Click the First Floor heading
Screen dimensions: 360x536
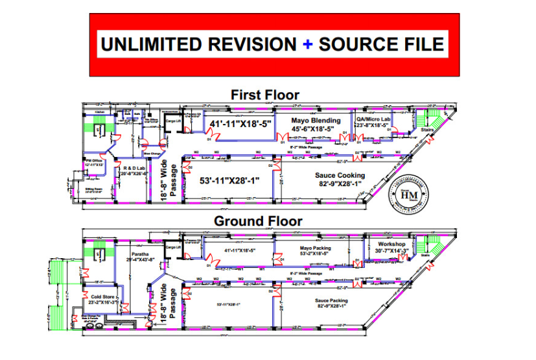click(x=265, y=95)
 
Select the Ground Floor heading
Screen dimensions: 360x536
click(x=258, y=221)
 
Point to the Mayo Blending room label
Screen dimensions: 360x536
click(x=315, y=121)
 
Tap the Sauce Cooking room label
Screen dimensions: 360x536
click(x=340, y=175)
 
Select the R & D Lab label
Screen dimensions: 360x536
click(x=134, y=167)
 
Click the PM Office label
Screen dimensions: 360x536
click(x=94, y=160)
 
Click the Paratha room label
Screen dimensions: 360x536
click(x=139, y=254)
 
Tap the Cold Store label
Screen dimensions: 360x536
click(x=102, y=298)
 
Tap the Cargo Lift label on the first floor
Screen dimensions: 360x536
click(x=172, y=121)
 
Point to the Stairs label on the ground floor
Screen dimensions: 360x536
click(x=425, y=255)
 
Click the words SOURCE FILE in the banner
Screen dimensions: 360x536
click(x=382, y=44)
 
